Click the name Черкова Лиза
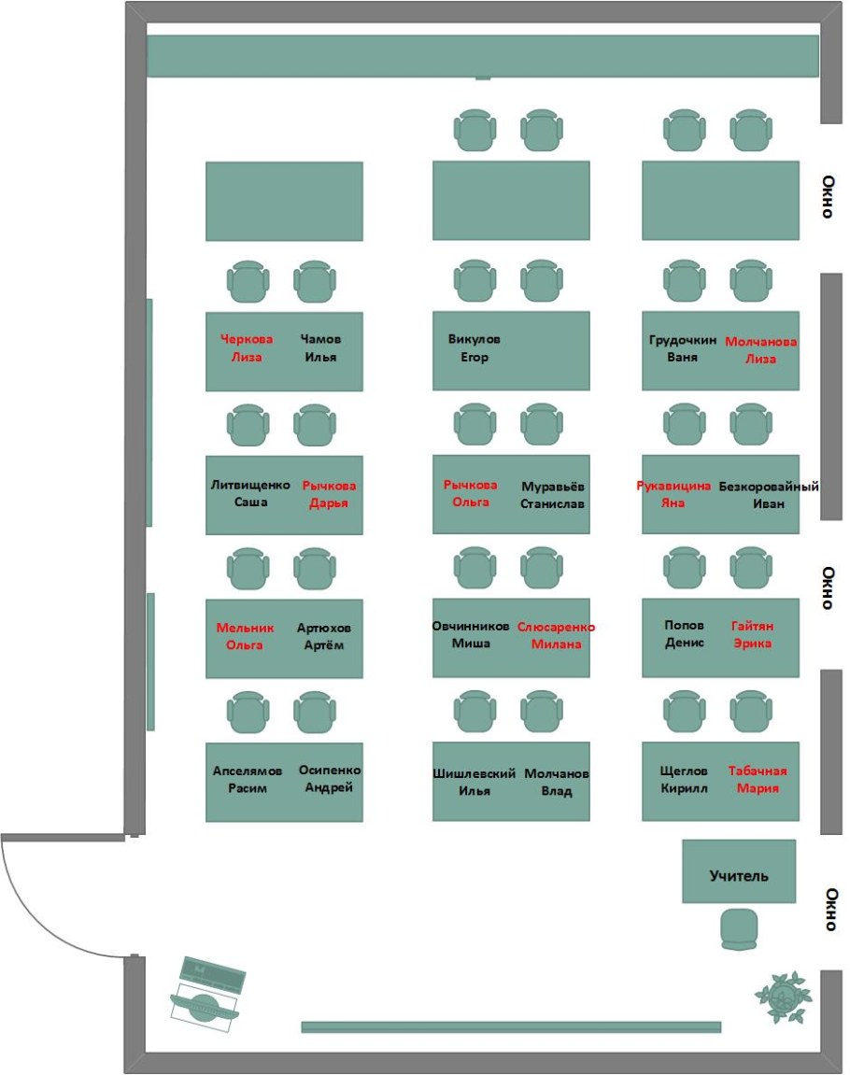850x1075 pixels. (246, 348)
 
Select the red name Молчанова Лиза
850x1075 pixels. (760, 350)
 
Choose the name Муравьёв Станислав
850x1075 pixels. (552, 495)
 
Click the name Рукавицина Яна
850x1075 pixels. (673, 494)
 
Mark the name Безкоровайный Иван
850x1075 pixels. (768, 495)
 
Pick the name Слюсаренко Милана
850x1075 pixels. (556, 636)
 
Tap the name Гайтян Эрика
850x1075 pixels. (752, 635)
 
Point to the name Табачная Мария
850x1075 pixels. (758, 779)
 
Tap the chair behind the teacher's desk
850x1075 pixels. (743, 929)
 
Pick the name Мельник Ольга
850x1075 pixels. (244, 636)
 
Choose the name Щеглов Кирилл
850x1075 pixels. (684, 779)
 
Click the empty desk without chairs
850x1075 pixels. (284, 201)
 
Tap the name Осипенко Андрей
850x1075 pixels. (330, 779)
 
